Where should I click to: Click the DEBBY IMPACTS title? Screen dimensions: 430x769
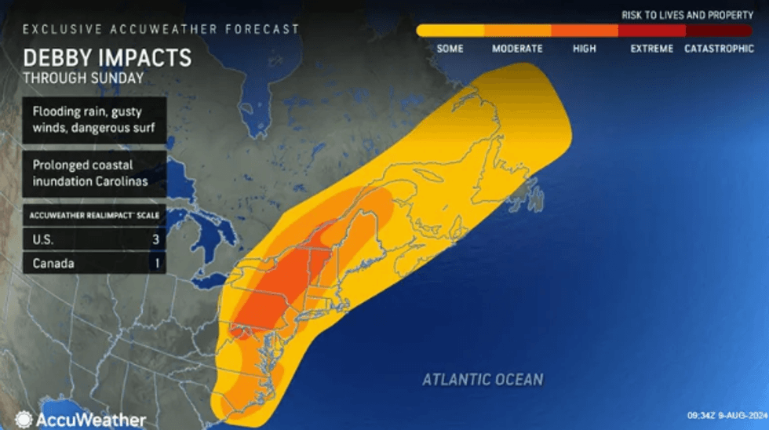point(107,58)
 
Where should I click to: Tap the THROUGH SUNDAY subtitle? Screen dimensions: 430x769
point(83,78)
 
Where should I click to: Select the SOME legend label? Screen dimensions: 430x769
point(450,49)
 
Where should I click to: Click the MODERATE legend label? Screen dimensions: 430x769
point(517,49)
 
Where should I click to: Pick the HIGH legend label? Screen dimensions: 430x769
point(584,49)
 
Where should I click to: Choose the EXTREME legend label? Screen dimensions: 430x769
point(651,49)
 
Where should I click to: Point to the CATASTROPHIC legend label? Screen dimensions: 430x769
point(719,49)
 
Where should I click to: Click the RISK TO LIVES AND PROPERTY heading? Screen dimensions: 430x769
point(687,15)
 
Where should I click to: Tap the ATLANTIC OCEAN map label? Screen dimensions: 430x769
point(483,380)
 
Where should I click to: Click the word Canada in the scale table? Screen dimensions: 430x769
point(53,264)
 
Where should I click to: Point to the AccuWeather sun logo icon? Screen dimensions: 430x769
point(24,419)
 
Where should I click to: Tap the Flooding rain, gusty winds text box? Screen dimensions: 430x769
point(94,119)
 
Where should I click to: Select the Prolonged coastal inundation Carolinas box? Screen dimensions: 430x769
point(94,173)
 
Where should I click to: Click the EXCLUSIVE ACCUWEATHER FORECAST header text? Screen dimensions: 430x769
point(161,29)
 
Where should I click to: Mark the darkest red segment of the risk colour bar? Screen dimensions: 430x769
point(719,31)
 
